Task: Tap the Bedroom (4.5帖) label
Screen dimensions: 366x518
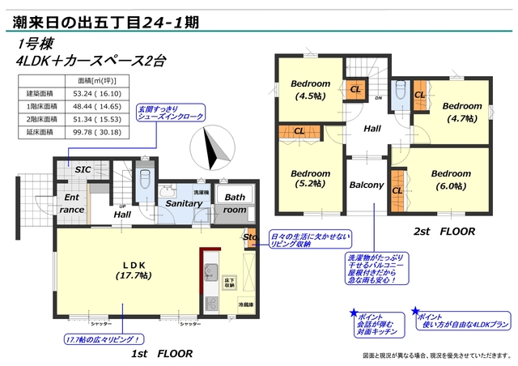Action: (310, 91)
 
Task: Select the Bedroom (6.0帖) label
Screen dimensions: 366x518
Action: (450, 180)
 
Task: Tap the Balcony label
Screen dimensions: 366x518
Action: (366, 185)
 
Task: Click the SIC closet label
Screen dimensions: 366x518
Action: (83, 170)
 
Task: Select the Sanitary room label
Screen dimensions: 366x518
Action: (183, 203)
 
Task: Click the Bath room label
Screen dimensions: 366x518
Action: (236, 203)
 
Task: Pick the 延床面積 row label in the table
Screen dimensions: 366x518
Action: (39, 130)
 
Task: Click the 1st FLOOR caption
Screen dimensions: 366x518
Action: (161, 354)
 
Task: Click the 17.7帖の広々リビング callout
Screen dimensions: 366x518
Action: (104, 338)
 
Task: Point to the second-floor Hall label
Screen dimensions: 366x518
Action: (372, 129)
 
